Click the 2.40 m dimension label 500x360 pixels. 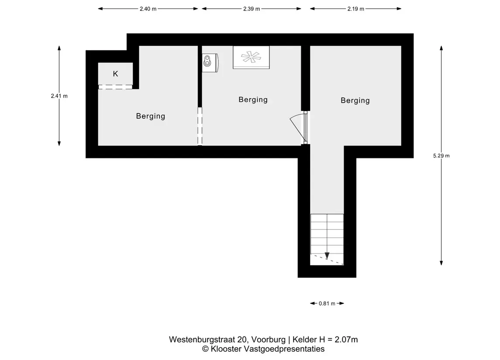point(148,9)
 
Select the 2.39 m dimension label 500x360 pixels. point(252,9)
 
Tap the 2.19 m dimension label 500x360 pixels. point(356,9)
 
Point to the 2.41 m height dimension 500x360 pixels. point(59,96)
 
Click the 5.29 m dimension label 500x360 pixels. point(441,156)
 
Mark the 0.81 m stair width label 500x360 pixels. point(327,304)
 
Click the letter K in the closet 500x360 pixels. point(115,74)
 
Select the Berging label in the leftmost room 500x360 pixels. point(150,116)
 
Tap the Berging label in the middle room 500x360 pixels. point(253,99)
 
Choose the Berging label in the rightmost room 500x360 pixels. point(355,100)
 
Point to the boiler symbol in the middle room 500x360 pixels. point(210,62)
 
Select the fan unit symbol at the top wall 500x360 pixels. point(251,57)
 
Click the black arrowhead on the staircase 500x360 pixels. point(327,256)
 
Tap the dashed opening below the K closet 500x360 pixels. point(115,87)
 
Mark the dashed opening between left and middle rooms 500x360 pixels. point(200,127)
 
